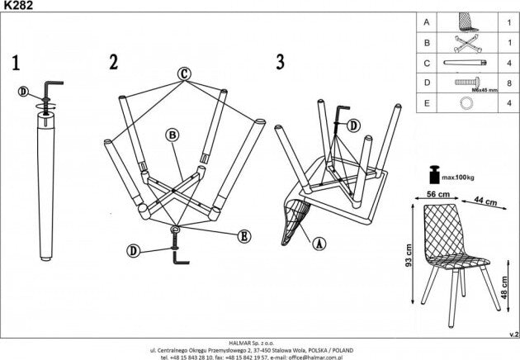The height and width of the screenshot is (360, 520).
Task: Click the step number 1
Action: [16, 63]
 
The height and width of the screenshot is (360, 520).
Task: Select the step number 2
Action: [114, 62]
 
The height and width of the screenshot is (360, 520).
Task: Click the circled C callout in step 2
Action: [183, 73]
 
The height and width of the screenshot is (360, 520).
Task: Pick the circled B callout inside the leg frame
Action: [171, 135]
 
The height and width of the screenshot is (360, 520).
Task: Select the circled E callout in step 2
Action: [243, 235]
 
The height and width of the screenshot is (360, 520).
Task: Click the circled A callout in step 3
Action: [319, 243]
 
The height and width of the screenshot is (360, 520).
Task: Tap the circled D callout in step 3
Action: [353, 126]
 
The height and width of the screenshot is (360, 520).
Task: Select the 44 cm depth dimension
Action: [487, 201]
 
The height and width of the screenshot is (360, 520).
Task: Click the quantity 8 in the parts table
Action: [509, 83]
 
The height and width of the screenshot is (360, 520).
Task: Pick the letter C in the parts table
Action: [426, 61]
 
